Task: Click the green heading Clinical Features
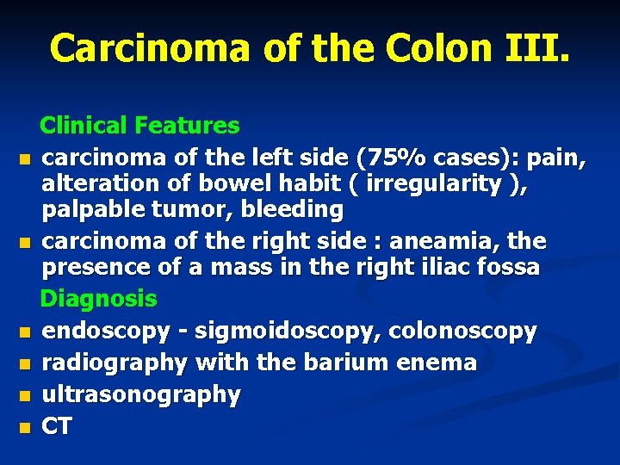140,126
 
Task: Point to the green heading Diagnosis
99,299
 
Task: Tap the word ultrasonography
142,394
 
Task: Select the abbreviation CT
58,426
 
